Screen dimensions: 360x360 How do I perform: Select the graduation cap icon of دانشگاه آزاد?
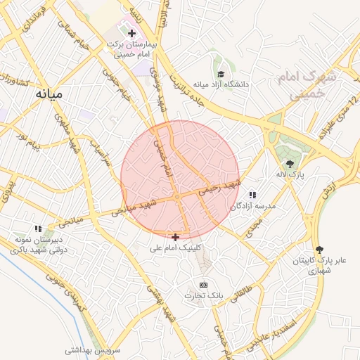(x=221, y=73)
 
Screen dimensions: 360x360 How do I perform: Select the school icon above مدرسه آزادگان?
(x=252, y=194)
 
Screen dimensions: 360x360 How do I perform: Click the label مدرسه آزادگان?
(x=253, y=205)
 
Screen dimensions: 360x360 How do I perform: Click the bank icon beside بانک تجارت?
(x=204, y=285)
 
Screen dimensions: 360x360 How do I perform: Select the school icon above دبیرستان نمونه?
(x=39, y=228)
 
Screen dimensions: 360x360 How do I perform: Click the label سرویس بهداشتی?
(x=94, y=349)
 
